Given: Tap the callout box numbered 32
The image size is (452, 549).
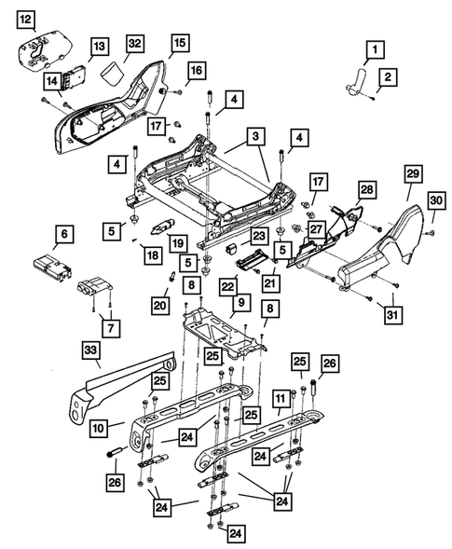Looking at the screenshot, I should tap(134, 44).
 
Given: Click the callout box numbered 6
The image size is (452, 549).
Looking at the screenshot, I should tap(63, 234).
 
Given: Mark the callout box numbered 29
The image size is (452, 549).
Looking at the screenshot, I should tap(412, 174).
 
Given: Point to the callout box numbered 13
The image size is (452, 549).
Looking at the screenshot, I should tap(99, 46).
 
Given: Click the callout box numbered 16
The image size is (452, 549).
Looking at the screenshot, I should tap(195, 71).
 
